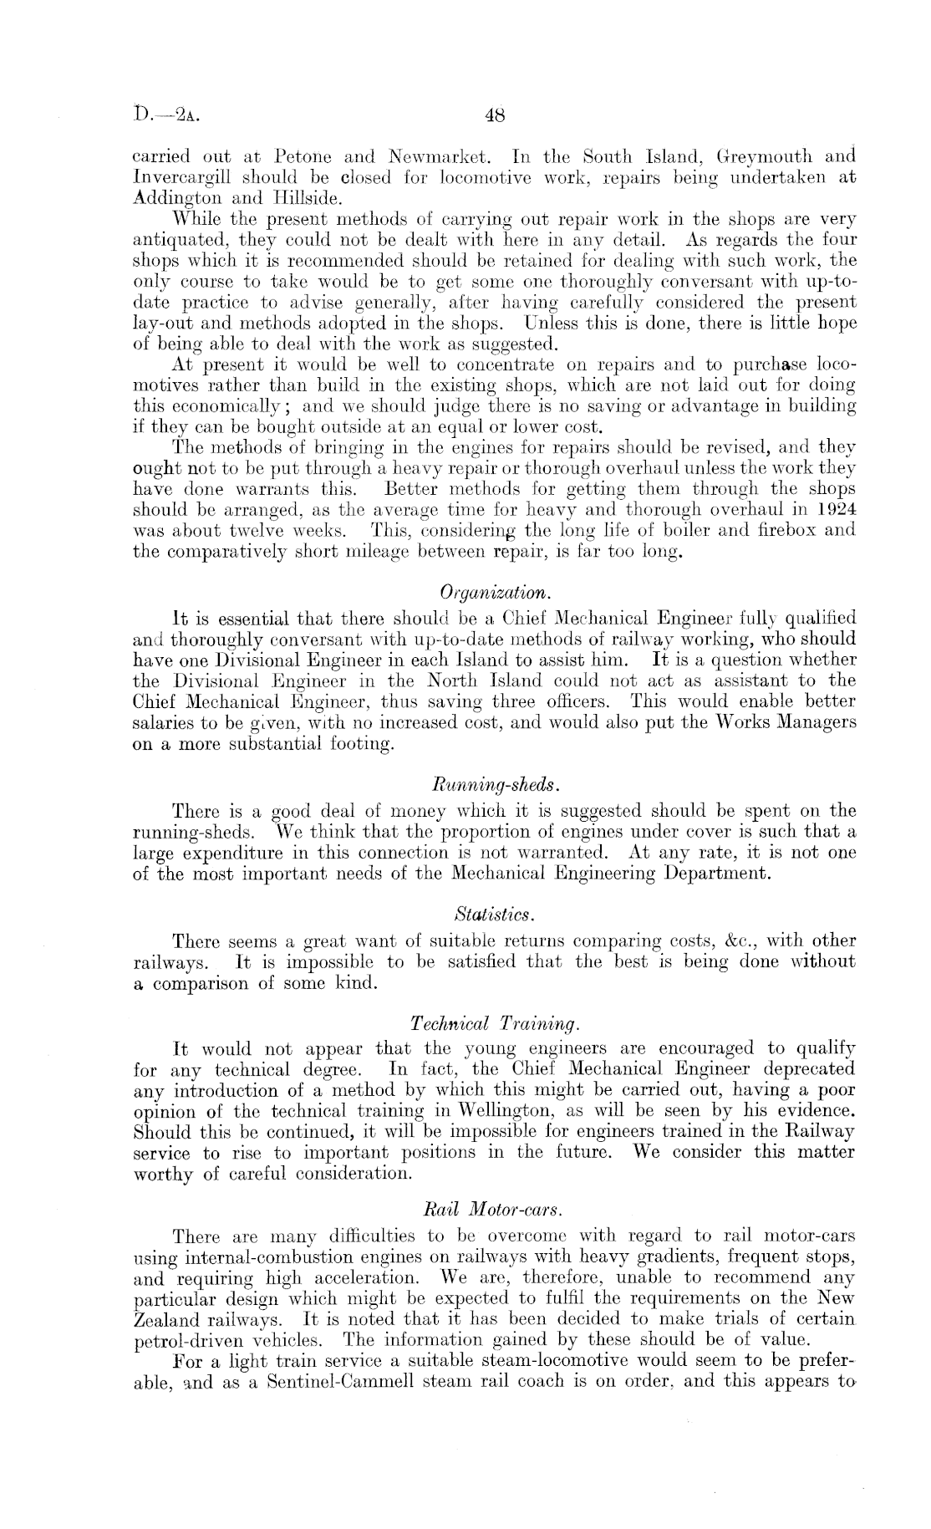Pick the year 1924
click(835, 509)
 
